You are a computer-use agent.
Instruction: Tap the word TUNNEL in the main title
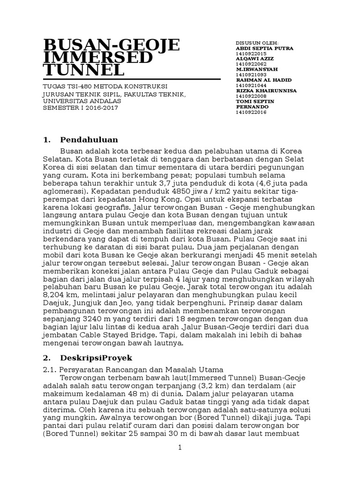pyautogui.click(x=84, y=70)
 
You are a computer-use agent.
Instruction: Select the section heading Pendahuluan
pyautogui.click(x=89, y=140)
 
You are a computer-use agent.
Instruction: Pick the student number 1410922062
pyautogui.click(x=251, y=64)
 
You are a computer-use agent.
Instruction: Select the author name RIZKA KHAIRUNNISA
pyautogui.click(x=266, y=90)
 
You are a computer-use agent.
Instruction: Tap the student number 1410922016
pyautogui.click(x=251, y=112)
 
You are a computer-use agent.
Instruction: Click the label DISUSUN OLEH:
pyautogui.click(x=257, y=43)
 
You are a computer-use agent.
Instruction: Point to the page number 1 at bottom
pyautogui.click(x=180, y=448)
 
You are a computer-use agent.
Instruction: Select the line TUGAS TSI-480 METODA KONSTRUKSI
pyautogui.click(x=105, y=87)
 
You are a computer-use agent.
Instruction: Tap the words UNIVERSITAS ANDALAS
pyautogui.click(x=82, y=101)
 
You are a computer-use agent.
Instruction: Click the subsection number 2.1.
pyautogui.click(x=49, y=370)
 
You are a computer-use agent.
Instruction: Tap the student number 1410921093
pyautogui.click(x=251, y=75)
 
